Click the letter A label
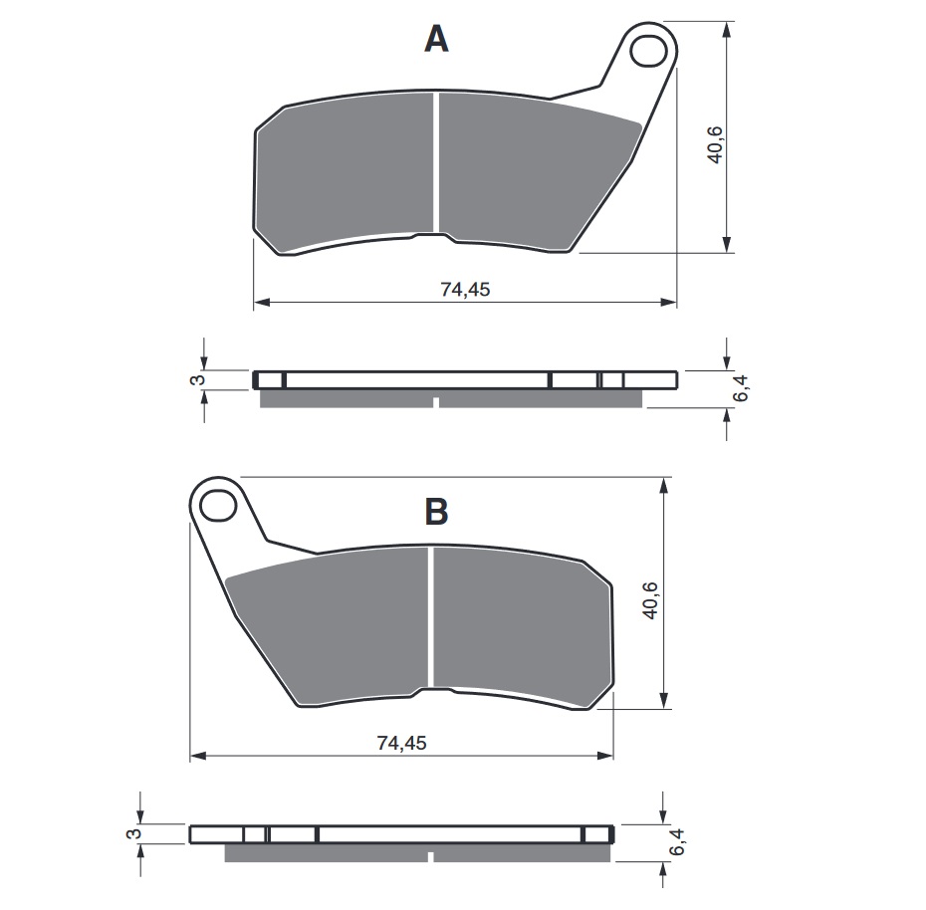[436, 40]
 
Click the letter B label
[436, 512]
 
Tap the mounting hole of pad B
[218, 506]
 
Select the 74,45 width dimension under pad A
[465, 290]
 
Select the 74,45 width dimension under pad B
[401, 743]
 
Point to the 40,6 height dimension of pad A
[715, 144]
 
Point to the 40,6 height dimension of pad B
[651, 600]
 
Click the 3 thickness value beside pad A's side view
[198, 379]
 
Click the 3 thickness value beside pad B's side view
[134, 833]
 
